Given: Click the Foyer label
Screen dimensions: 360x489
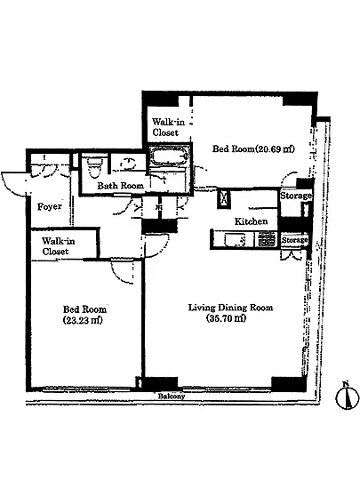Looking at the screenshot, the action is coord(49,207).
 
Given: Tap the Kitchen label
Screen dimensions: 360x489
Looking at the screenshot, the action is coord(251,221).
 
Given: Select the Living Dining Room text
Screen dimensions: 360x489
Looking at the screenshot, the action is coord(230,308).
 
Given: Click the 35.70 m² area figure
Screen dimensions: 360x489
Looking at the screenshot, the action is coord(226,318).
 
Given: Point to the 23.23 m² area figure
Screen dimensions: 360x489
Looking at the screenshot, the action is coord(83,320).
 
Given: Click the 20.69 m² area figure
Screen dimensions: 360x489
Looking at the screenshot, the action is coord(275,148).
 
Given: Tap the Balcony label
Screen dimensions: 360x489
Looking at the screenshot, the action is coord(172,397).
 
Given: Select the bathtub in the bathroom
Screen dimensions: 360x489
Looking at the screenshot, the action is coord(169,155).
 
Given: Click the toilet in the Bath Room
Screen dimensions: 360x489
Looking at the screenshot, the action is coord(95,166).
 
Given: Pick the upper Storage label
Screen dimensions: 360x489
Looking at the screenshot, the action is coord(295,196).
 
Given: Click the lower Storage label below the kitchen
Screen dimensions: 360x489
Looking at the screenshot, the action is coord(294,240).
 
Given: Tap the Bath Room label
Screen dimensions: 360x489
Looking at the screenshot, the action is coord(120,186).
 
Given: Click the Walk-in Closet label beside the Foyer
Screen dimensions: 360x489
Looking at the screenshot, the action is coord(59,246).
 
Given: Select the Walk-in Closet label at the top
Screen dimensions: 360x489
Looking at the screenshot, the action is coord(168,127).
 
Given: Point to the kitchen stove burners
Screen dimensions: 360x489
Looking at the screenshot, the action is coord(266,240).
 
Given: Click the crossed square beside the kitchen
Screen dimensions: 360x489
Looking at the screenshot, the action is coord(224,198).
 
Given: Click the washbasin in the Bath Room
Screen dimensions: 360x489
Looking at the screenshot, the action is coord(128,163).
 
